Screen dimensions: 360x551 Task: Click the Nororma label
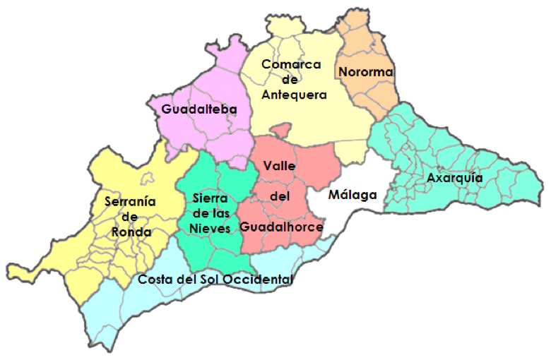point(365,72)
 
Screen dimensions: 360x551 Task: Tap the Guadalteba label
point(199,109)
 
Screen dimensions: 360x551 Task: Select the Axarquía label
point(454,178)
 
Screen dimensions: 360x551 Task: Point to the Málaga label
point(351,195)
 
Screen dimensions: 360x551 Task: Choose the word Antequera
point(294,94)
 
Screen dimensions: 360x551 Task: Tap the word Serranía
point(129,200)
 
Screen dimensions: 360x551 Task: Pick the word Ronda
point(131,232)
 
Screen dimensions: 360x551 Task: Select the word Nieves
point(209,228)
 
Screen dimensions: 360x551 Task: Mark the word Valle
point(278,165)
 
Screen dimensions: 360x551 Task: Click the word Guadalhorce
point(281,227)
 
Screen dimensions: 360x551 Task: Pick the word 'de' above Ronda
point(130,216)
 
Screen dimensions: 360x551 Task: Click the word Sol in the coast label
point(210,280)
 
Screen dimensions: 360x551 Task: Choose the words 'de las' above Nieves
point(209,212)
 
